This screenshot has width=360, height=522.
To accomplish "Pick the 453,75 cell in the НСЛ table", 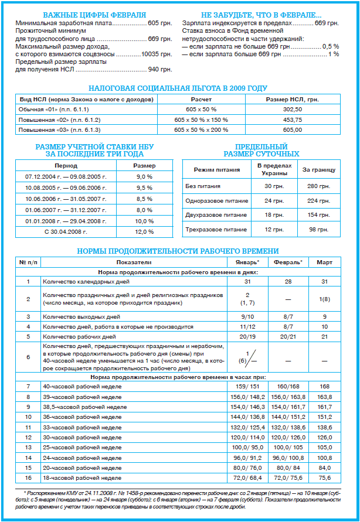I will [x=292, y=120].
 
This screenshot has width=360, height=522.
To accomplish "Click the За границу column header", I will [x=318, y=170].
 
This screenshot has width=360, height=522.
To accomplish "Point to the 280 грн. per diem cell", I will [x=318, y=186].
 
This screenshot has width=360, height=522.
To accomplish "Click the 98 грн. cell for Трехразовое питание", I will [x=318, y=230].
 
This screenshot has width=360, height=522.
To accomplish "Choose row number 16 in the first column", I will [x=28, y=477].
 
